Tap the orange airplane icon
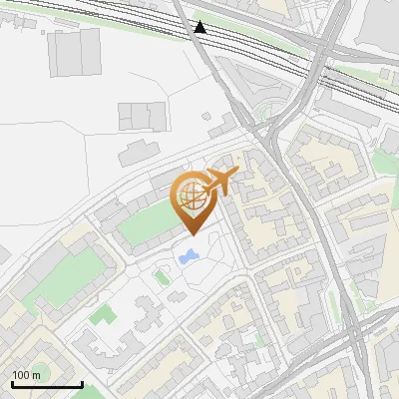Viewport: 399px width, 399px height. tap(221, 181)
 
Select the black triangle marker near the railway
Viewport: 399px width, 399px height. tap(200, 27)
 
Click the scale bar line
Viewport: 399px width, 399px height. tap(46, 385)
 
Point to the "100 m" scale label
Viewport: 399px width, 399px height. tap(27, 375)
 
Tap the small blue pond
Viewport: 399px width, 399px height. tap(187, 258)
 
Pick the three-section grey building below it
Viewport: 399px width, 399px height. tap(140, 116)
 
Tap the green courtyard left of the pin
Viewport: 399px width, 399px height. tap(147, 224)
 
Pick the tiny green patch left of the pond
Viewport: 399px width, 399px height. tap(161, 276)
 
